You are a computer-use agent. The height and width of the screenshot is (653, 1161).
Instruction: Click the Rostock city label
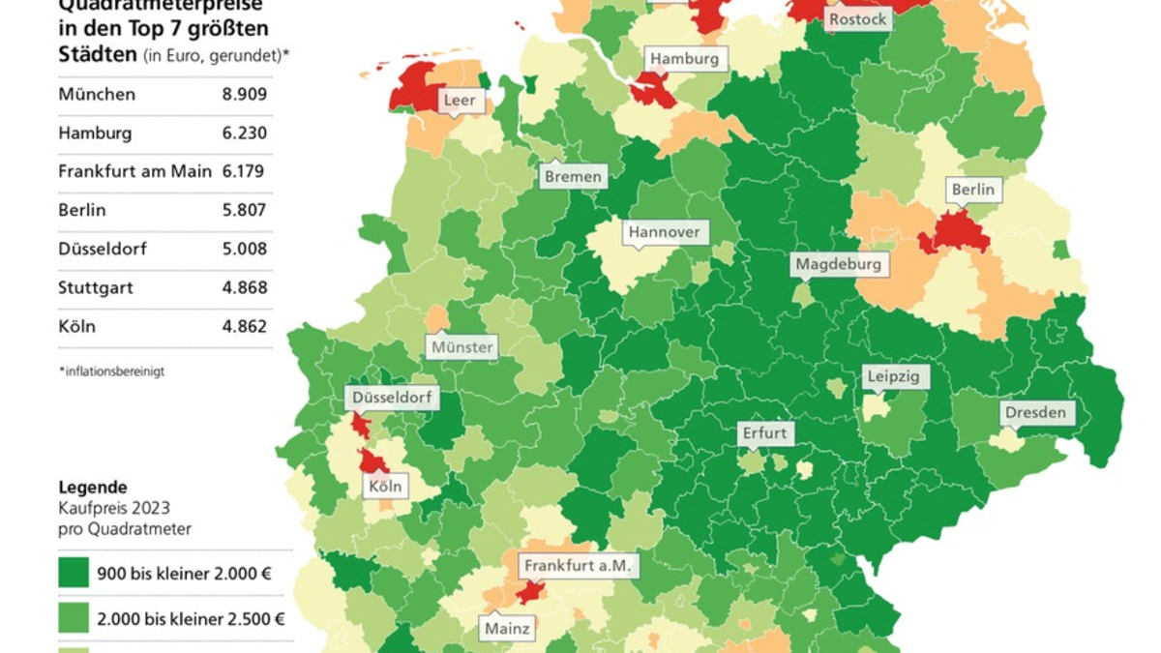857,19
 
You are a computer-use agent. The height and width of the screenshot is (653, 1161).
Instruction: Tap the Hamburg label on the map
684,59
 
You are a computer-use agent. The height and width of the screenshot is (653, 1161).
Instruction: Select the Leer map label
459,100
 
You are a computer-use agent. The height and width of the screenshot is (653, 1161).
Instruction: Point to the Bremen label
573,176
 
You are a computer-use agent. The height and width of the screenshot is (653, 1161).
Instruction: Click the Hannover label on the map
664,232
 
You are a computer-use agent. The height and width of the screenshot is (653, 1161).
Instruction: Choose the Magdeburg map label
838,263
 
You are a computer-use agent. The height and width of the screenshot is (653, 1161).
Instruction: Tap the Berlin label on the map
972,190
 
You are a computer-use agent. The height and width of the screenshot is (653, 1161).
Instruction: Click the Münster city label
462,346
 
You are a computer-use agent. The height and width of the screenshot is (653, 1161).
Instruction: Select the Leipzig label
894,376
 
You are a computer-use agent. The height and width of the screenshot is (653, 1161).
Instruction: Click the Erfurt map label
764,432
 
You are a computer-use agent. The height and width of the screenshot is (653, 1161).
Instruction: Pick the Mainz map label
507,629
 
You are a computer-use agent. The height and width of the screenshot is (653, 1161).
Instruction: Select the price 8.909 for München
244,95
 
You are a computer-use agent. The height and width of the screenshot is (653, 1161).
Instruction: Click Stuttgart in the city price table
96,287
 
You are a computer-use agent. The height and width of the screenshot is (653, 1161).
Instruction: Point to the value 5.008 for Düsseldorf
244,249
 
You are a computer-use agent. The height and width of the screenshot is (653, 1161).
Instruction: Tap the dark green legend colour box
74,573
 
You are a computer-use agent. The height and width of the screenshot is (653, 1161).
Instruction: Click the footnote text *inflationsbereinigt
111,371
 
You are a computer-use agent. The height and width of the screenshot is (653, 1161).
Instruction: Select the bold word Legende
93,488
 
